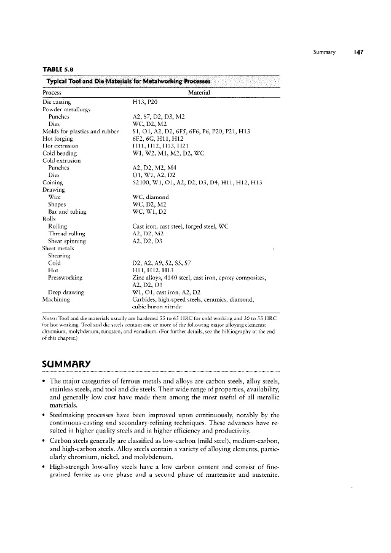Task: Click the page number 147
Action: pos(360,52)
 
